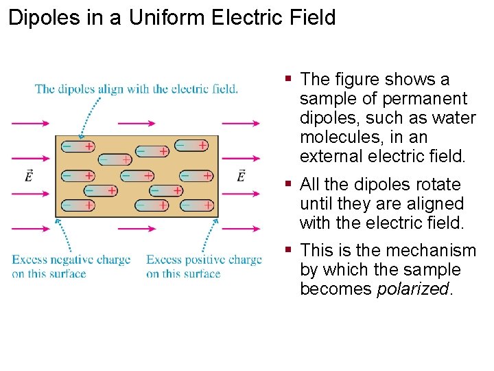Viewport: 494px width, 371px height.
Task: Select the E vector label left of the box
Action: point(28,177)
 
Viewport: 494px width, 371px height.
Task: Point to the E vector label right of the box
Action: point(242,177)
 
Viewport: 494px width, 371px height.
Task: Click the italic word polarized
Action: point(414,289)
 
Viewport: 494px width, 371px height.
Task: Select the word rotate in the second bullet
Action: point(437,185)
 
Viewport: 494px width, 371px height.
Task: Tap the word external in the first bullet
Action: point(331,157)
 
